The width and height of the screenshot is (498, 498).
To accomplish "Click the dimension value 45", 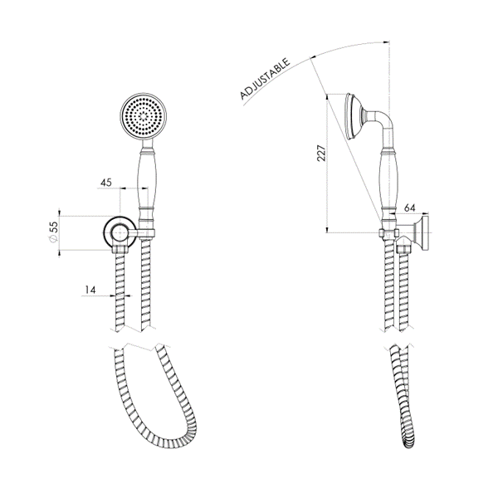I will click(x=106, y=183).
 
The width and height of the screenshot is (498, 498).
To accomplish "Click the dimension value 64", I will click(x=409, y=211).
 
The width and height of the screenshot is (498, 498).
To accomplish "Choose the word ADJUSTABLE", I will click(x=264, y=80).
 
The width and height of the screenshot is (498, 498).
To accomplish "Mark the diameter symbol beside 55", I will click(x=52, y=243).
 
